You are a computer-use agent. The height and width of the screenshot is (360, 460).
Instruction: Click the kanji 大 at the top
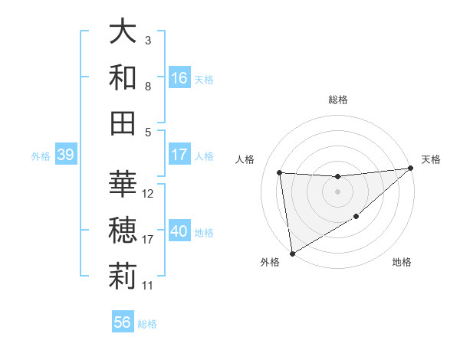click(123, 32)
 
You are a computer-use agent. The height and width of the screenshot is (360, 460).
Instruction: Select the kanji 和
click(123, 77)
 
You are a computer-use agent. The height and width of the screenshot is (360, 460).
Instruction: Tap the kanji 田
click(123, 123)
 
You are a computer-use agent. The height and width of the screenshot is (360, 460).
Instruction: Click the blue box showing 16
click(179, 78)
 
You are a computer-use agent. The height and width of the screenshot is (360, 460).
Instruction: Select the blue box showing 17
click(179, 155)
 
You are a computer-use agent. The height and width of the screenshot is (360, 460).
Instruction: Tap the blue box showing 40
click(179, 231)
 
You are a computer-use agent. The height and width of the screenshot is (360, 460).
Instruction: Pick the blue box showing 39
click(65, 155)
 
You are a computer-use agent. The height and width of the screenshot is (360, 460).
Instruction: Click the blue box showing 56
click(123, 322)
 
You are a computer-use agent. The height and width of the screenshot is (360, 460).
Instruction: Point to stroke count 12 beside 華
click(149, 194)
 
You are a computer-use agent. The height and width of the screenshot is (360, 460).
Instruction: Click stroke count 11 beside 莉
click(148, 286)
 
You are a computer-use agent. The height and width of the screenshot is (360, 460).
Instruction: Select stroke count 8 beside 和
click(148, 87)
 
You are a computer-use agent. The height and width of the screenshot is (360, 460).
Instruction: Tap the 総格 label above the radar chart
click(337, 100)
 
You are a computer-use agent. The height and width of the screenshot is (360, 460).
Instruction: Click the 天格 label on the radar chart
click(431, 159)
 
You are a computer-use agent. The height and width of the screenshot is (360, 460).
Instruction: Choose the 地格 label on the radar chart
click(402, 263)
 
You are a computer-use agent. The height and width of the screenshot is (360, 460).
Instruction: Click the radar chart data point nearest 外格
click(291, 254)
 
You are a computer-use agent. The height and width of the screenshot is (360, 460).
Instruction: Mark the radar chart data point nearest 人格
click(280, 172)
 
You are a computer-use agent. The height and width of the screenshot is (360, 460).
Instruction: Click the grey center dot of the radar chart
click(337, 191)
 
